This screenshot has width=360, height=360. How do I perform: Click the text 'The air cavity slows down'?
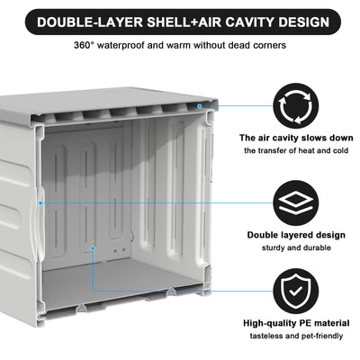click(x=295, y=138)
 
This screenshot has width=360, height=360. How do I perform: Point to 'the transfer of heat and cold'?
click(x=295, y=150)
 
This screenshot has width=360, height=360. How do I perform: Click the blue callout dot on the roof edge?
click(x=213, y=104)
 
